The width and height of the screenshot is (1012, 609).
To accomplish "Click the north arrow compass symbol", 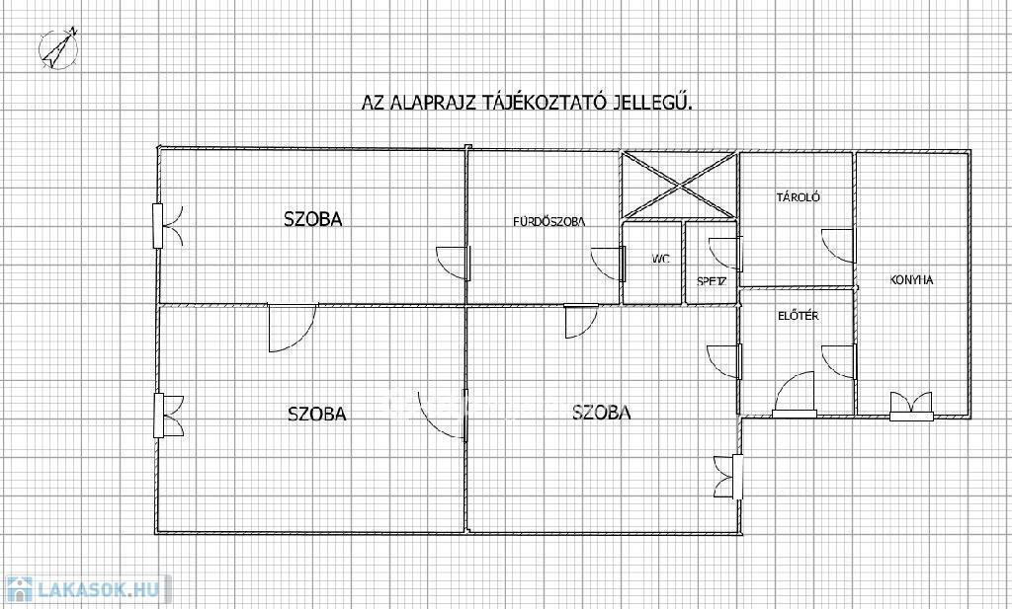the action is click(58, 48).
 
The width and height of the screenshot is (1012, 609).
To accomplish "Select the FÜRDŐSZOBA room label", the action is click(549, 222).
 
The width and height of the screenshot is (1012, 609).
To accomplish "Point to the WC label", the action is click(660, 259).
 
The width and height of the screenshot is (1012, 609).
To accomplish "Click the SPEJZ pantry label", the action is click(712, 281).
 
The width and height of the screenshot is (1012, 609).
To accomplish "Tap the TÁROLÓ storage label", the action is click(798, 197).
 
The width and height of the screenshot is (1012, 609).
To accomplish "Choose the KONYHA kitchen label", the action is click(911, 280).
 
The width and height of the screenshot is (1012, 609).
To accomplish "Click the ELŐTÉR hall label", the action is click(799, 316).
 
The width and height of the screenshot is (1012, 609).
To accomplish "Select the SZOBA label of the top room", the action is click(313, 219).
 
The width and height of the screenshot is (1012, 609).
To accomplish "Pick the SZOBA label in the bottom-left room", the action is click(317, 414).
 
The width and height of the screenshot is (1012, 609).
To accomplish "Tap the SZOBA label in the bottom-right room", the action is click(602, 412).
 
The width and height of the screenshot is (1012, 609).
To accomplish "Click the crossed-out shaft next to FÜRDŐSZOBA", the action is click(679, 186).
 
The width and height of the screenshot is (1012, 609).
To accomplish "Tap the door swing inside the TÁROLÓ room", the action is click(838, 246).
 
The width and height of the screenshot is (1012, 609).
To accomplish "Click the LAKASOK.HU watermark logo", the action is click(85, 589).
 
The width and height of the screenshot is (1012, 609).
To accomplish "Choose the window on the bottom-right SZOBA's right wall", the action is click(728, 477).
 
